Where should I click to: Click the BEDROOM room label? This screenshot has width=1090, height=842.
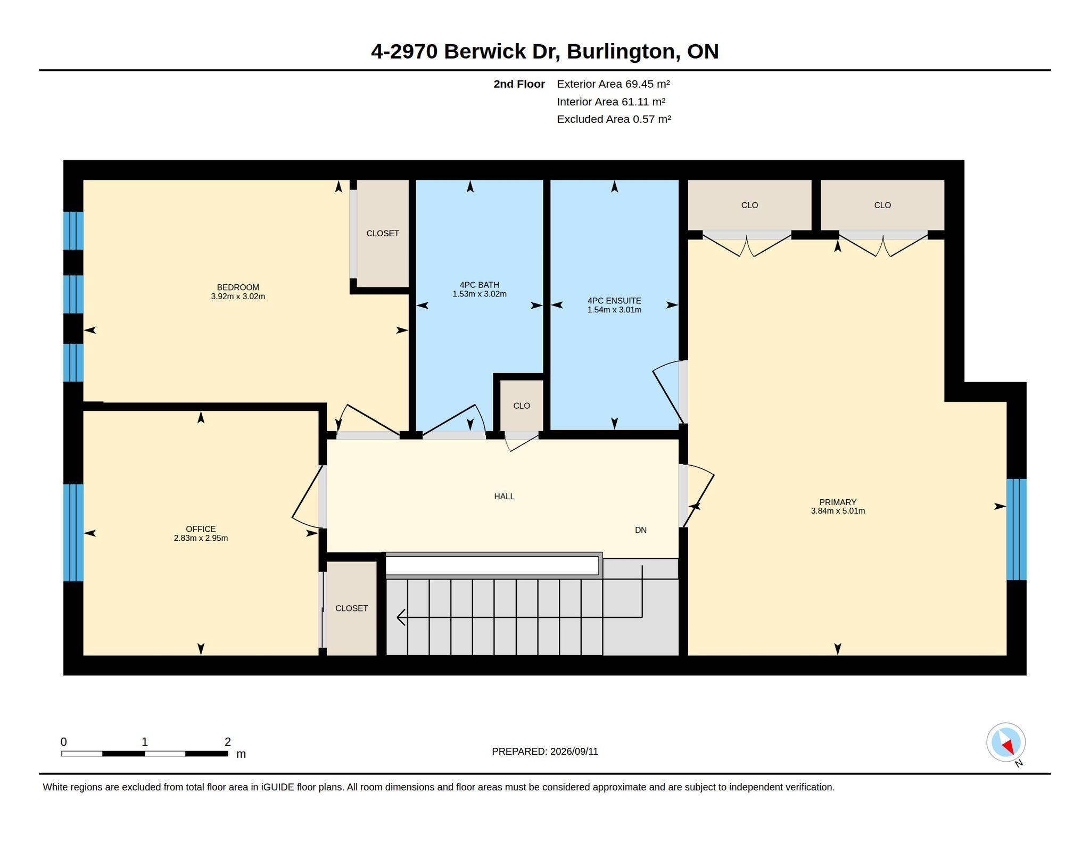coord(238,287)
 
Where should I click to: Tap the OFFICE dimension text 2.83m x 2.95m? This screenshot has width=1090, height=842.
coord(201,538)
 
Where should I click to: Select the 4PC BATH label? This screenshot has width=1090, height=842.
coord(480,285)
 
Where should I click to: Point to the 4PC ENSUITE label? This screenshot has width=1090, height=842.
coord(614,301)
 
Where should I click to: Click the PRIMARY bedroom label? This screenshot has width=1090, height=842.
coord(838,502)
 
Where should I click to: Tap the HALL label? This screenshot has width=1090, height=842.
coord(504,497)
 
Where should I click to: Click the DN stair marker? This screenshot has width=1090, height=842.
coord(641,530)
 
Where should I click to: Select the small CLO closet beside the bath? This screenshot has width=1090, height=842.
coord(522,406)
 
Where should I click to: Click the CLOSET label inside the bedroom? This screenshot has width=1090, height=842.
coord(383,233)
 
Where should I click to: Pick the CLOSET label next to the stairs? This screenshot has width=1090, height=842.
coord(351,608)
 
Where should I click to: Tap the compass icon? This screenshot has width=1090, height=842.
coord(1006,742)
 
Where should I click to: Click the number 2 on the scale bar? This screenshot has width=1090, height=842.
coord(228,741)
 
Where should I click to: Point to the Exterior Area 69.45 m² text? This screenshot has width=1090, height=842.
coord(613,84)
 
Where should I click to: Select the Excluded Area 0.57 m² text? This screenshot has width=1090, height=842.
coord(614,119)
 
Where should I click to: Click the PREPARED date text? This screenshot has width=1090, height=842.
coord(545,752)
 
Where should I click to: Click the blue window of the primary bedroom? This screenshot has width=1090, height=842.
coord(1016,530)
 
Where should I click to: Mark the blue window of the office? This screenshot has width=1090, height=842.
coord(73,532)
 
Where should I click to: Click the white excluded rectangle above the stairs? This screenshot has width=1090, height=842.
coord(492,565)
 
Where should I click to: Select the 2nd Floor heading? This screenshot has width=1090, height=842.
coord(519,84)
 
